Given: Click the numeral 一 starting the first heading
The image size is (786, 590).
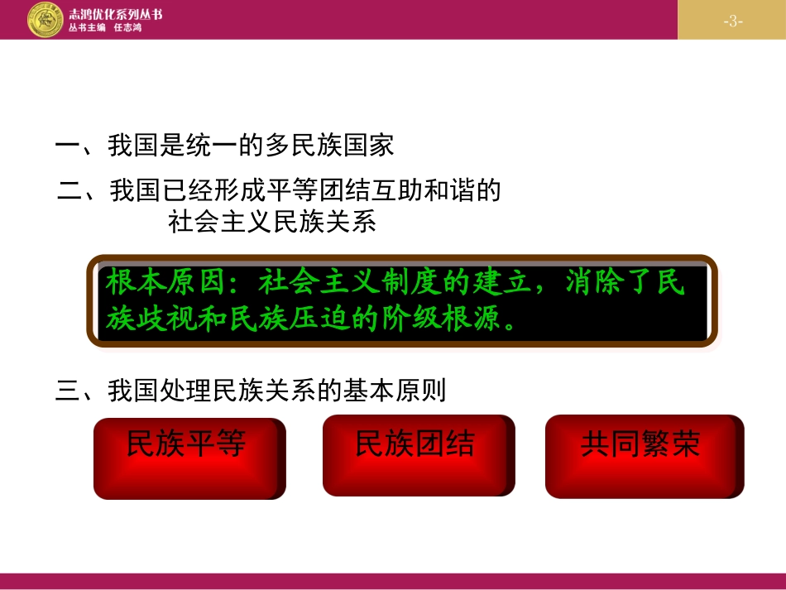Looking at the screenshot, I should click(66, 146).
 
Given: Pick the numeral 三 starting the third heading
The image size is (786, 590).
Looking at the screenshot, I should click(66, 391).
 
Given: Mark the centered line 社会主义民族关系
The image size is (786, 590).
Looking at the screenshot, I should click(272, 222).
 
